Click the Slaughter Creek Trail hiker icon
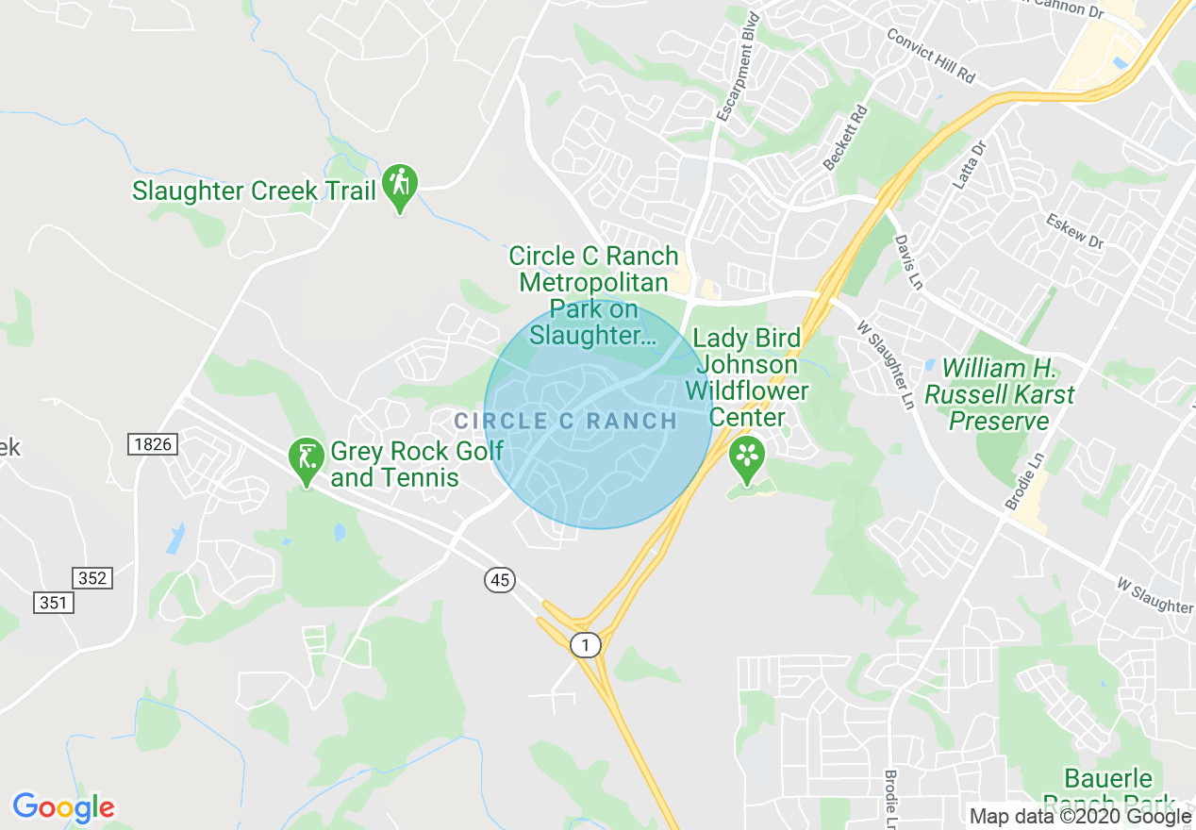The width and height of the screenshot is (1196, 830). [400, 187]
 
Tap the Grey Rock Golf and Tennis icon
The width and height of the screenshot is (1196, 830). [306, 459]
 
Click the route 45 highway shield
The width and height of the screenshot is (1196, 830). [500, 580]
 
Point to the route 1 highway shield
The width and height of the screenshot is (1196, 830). [586, 645]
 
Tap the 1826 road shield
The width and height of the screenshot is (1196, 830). [153, 443]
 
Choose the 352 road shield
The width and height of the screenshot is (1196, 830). [92, 577]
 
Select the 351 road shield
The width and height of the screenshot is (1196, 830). [54, 601]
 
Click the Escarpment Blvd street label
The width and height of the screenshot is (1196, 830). [738, 67]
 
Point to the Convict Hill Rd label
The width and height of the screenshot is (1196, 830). [930, 55]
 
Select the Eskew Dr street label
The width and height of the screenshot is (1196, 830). [1074, 231]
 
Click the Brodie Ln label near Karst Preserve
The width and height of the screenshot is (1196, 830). [1025, 481]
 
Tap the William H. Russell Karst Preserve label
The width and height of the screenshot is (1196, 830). [999, 394]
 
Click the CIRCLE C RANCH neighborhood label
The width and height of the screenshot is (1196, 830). [565, 421]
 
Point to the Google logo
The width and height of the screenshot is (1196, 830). [63, 807]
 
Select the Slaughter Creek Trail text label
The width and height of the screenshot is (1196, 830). [254, 191]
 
